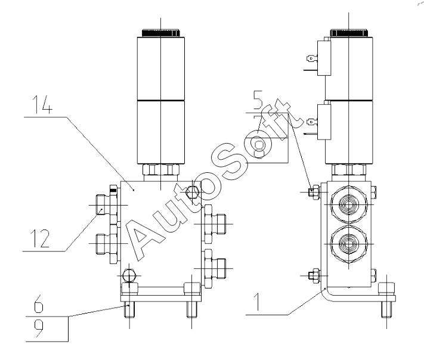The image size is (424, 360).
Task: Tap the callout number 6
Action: coord(38,306)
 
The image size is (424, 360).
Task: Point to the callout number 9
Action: coord(38,330)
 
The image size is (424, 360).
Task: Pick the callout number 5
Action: coord(257,99)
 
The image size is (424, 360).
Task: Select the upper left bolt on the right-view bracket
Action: coord(312,191)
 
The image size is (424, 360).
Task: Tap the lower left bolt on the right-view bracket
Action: coord(312,275)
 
